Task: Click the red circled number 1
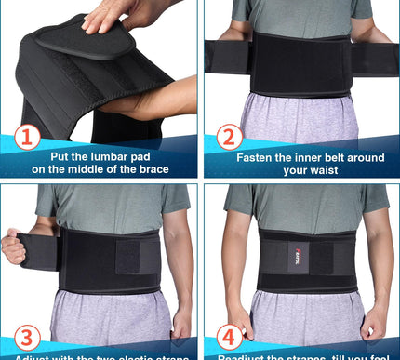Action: pyautogui.click(x=26, y=139)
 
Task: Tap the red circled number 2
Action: pyautogui.click(x=227, y=139)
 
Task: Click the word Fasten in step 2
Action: pyautogui.click(x=259, y=157)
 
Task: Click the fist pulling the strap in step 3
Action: pyautogui.click(x=14, y=247)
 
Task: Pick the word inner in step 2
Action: pyautogui.click(x=304, y=157)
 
